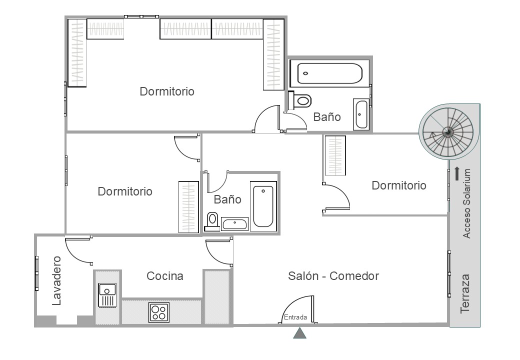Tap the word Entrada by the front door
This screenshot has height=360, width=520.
tap(295, 317)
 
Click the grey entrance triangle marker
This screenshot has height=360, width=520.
tap(299, 333)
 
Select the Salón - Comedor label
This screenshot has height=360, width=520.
tap(333, 276)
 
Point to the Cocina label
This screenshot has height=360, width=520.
tap(165, 276)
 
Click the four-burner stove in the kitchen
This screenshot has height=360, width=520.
tap(159, 312)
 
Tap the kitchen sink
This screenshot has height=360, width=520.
tap(107, 295)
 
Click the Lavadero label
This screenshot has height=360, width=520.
tap(56, 280)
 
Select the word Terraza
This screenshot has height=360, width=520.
tap(465, 293)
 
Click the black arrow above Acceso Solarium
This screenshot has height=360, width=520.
tap(457, 173)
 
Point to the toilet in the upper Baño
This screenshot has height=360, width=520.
tap(299, 100)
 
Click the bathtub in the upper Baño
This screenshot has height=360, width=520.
tap(329, 73)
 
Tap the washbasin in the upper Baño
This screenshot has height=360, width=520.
tap(361, 114)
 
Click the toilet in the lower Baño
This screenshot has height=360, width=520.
tap(212, 221)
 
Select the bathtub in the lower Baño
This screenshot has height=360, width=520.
tap(263, 206)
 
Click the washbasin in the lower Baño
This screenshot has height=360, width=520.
tap(234, 224)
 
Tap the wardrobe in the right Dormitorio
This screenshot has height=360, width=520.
tap(335, 155)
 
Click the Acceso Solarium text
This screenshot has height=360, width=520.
tap(466, 203)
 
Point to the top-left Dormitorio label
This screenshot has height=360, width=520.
tap(167, 91)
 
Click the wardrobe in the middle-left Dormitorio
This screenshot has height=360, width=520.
tap(188, 207)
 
